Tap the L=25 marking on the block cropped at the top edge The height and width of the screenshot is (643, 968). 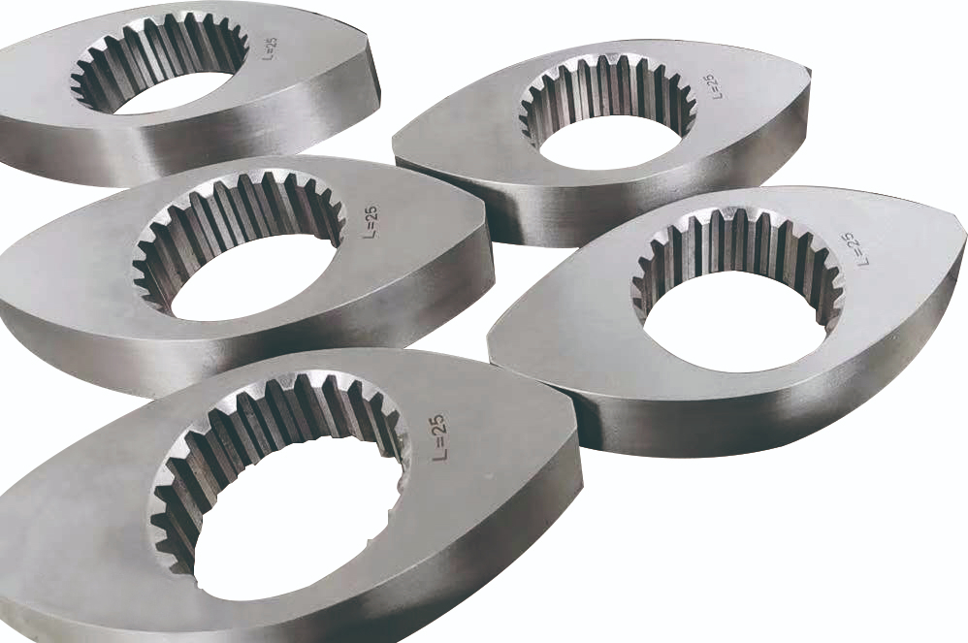tap(271, 48)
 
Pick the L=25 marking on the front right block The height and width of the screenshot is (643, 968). tap(857, 248)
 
